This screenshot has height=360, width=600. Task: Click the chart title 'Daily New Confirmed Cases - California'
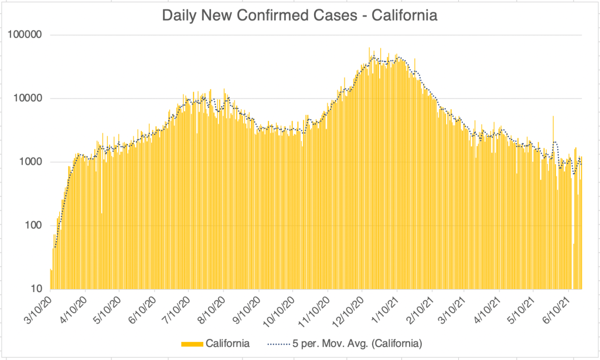pos(299,16)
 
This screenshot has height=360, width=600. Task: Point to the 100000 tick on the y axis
pos(25,35)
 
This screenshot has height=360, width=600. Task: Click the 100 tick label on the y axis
pos(32,226)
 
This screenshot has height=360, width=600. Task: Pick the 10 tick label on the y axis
pos(35,289)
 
